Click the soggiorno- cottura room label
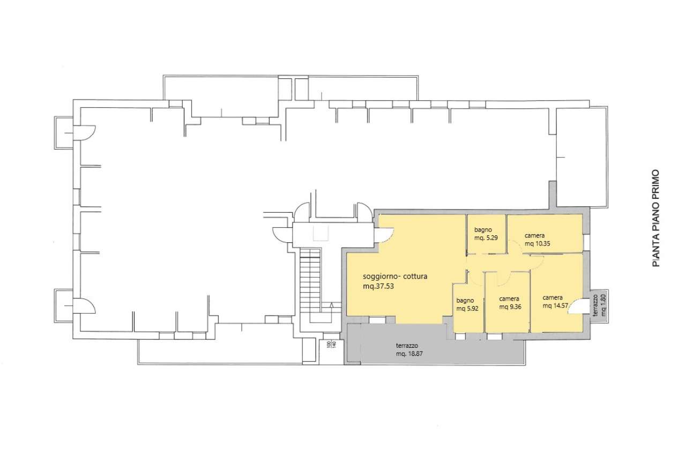pyautogui.click(x=395, y=277)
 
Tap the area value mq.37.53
pyautogui.click(x=378, y=287)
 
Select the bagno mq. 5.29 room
pyautogui.click(x=486, y=234)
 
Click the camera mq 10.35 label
pyautogui.click(x=537, y=240)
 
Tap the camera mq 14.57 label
pyautogui.click(x=555, y=301)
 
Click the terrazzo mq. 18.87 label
pyautogui.click(x=409, y=349)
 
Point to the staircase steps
pyautogui.click(x=310, y=279)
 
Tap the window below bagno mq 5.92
pyautogui.click(x=460, y=336)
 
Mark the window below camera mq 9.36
pyautogui.click(x=494, y=336)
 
